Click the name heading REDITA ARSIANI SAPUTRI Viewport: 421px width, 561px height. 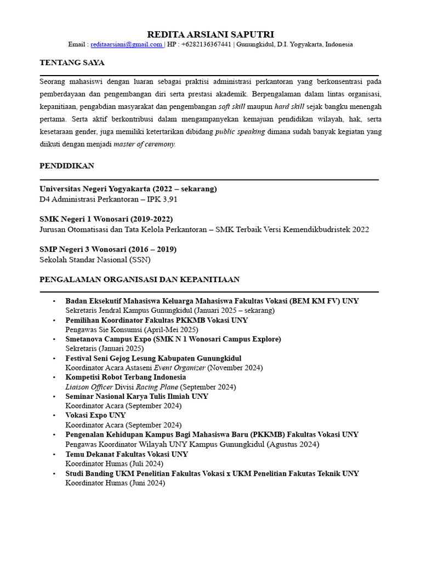click(211, 34)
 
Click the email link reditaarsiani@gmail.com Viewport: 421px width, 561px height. click(126, 45)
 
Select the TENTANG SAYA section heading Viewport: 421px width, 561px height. click(72, 63)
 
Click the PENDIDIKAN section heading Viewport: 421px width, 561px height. click(67, 165)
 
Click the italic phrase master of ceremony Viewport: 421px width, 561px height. click(144, 144)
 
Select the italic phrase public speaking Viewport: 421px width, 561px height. click(240, 131)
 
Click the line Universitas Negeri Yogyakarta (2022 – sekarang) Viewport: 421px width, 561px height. click(128, 189)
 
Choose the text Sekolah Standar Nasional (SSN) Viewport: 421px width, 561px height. click(95, 260)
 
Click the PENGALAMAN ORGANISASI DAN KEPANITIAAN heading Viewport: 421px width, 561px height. click(139, 279)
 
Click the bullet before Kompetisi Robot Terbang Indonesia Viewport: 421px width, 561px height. click(54, 377)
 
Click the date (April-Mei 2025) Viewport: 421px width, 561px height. click(171, 330)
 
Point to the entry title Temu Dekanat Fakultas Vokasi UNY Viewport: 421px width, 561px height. click(127, 454)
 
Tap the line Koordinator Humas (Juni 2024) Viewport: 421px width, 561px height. click(115, 483)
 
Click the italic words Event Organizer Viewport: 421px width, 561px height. click(179, 368)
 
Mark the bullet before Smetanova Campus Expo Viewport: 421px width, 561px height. click(54, 339)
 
